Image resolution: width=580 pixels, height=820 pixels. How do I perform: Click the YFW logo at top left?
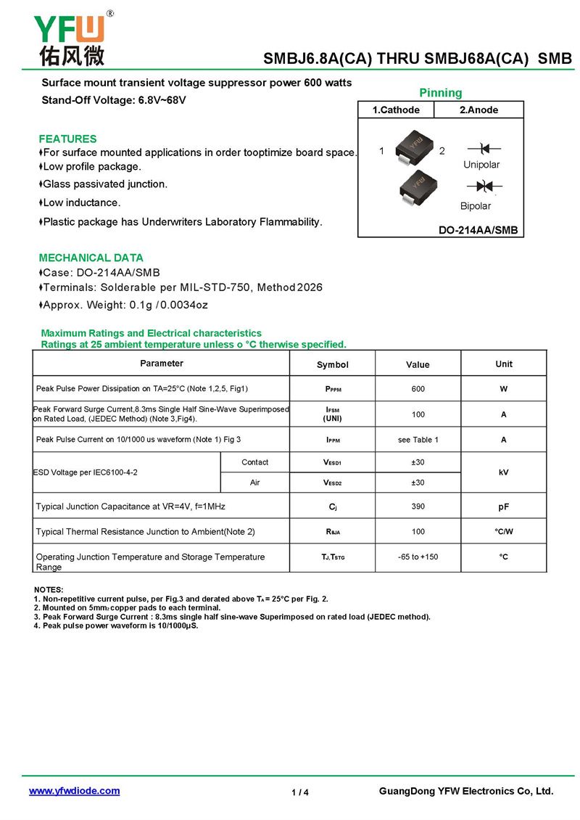[70, 39]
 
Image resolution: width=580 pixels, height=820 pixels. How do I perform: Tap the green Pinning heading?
[440, 93]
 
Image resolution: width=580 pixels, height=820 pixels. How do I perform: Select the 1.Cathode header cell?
[396, 110]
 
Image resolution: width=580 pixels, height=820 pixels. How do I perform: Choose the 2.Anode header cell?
[478, 110]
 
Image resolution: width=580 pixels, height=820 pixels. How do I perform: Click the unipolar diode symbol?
[484, 149]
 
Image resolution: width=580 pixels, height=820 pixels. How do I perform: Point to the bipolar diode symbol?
[484, 186]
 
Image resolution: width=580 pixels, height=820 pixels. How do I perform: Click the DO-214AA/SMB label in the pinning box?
[478, 231]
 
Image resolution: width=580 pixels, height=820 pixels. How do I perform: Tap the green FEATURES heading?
[67, 139]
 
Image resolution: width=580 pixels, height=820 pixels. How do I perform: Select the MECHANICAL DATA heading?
[91, 258]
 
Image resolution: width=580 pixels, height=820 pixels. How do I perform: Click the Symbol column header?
[333, 365]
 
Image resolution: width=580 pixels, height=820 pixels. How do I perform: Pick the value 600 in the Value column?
[418, 389]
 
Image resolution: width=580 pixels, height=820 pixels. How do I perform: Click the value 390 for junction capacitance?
[418, 507]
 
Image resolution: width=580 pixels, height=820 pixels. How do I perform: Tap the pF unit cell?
[504, 507]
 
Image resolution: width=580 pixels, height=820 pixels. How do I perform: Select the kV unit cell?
[504, 472]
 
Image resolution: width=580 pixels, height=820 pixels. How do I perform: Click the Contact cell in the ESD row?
[254, 462]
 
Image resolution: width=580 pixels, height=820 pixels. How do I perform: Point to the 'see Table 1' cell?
[418, 440]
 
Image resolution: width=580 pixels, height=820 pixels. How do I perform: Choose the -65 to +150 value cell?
[418, 557]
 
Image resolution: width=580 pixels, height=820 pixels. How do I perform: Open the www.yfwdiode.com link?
[74, 791]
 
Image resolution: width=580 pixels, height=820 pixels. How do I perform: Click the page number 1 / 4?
[300, 792]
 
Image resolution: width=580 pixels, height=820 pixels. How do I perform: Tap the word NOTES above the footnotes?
[49, 589]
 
